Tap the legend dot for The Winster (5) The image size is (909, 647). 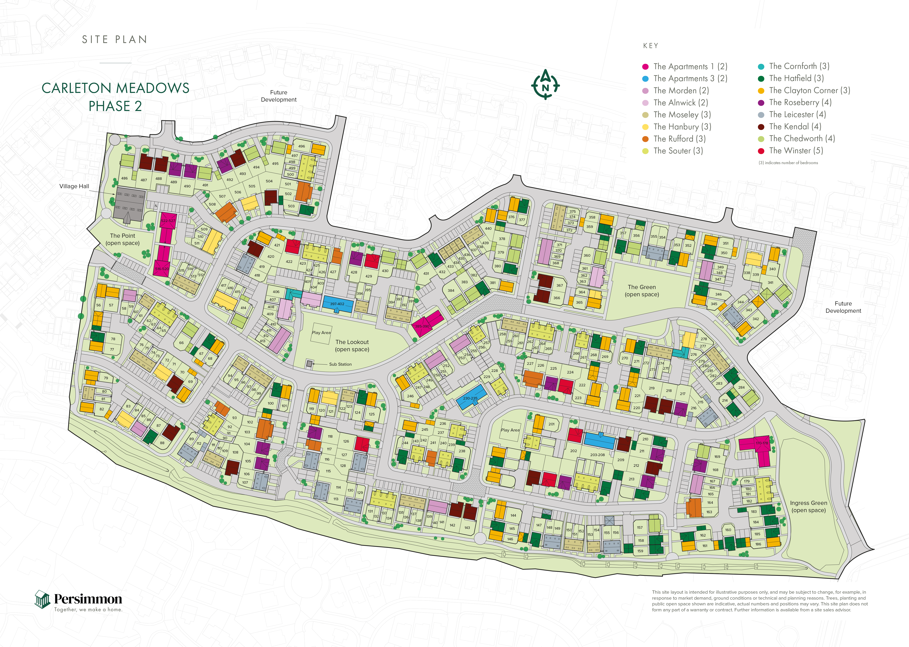[x=761, y=151]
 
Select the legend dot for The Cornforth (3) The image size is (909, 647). [x=761, y=67]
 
